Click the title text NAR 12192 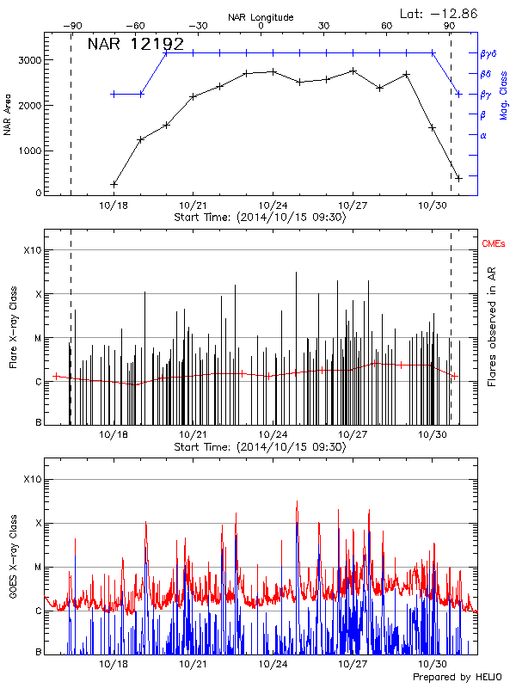coord(136,45)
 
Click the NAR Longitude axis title coord(261,17)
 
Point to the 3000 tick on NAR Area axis coord(28,60)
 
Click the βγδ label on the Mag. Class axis coord(488,53)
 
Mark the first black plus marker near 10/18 coord(114,184)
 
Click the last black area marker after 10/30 coord(459,178)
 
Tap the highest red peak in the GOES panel coord(297,502)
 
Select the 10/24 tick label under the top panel coord(273,206)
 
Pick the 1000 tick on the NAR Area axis coord(28,150)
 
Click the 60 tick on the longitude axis coord(387,27)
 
